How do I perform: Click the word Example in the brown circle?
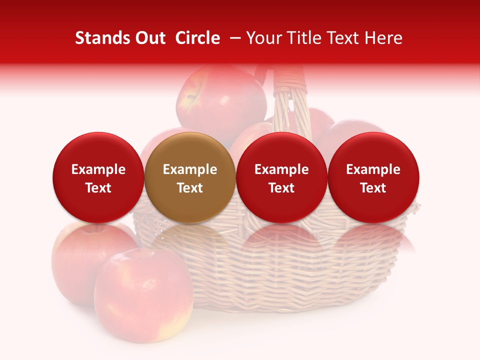190,169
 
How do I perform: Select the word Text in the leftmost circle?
98,188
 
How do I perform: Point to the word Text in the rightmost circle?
373,188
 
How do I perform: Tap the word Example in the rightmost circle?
373,169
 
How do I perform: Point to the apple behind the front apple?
75,260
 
